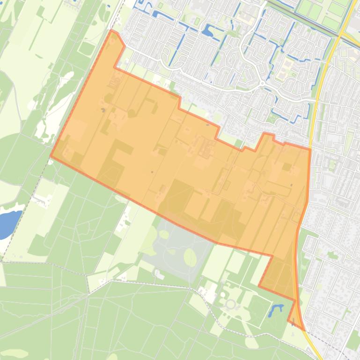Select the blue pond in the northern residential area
pyautogui.click(x=207, y=31)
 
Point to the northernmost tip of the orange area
pyautogui.click(x=111, y=30)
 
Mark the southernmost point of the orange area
pyautogui.click(x=304, y=330)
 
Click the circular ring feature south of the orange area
pyautogui.click(x=230, y=304)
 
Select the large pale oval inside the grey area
pyautogui.click(x=190, y=257)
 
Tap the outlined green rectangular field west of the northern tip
pyautogui.click(x=87, y=48)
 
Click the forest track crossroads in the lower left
pyautogui.click(x=88, y=295)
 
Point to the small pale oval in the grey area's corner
pyautogui.click(x=164, y=234)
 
